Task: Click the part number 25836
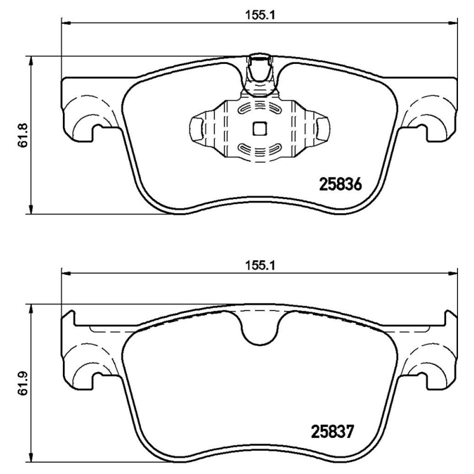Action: (x=340, y=184)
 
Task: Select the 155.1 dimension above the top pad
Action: (x=260, y=17)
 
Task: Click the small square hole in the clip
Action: (x=260, y=127)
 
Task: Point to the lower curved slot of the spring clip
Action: (x=260, y=148)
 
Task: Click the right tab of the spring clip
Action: (x=320, y=127)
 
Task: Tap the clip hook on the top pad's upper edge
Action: (x=260, y=71)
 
